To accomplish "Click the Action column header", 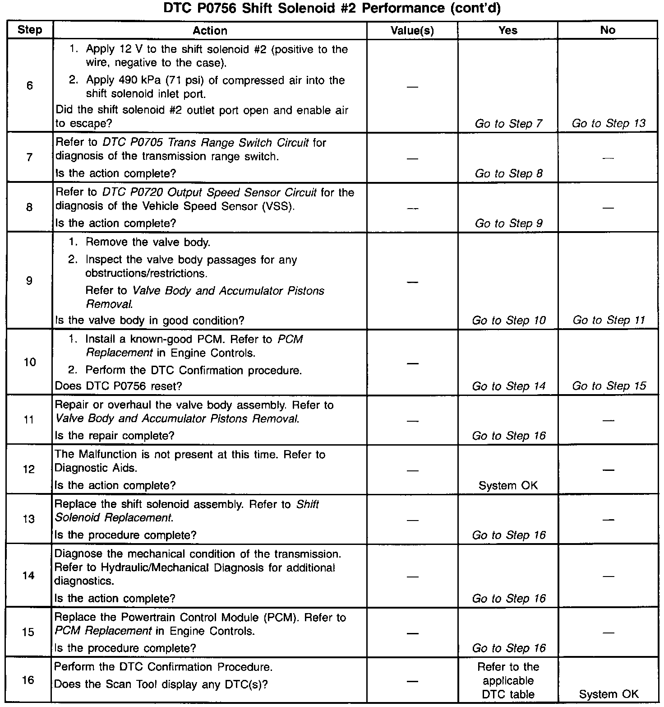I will pyautogui.click(x=210, y=31).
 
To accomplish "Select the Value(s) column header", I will pyautogui.click(x=412, y=31).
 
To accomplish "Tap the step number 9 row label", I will pyautogui.click(x=29, y=281).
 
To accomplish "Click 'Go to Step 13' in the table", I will pyautogui.click(x=609, y=124).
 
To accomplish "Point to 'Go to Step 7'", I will pyautogui.click(x=508, y=124).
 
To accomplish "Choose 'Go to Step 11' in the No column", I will pyautogui.click(x=609, y=321).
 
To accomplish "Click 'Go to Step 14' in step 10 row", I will pyautogui.click(x=508, y=386).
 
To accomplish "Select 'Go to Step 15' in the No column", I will pyautogui.click(x=609, y=386).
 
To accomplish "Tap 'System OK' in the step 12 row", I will pyautogui.click(x=508, y=486).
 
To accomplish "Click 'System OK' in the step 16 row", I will pyautogui.click(x=609, y=694).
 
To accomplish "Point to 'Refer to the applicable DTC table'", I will pyautogui.click(x=508, y=680).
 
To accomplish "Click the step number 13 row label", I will pyautogui.click(x=29, y=519).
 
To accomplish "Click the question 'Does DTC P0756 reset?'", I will pyautogui.click(x=118, y=386).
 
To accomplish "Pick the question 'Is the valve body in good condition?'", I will pyautogui.click(x=149, y=321).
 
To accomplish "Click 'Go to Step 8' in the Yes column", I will pyautogui.click(x=508, y=174).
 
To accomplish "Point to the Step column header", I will pyautogui.click(x=30, y=30).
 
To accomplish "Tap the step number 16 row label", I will pyautogui.click(x=28, y=680).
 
